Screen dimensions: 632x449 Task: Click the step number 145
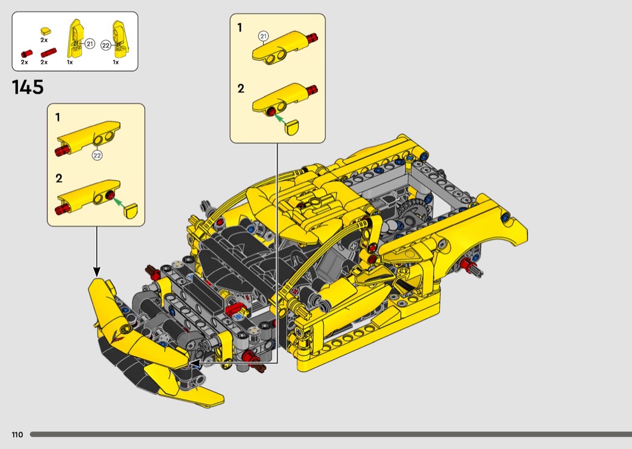(x=28, y=87)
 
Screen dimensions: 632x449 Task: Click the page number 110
(x=17, y=435)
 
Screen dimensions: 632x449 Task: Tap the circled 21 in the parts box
(x=90, y=44)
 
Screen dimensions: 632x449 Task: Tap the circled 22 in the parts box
(x=105, y=46)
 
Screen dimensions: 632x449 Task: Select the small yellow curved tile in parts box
(x=45, y=31)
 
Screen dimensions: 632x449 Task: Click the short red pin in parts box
(x=26, y=54)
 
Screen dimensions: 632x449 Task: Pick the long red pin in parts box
(x=48, y=53)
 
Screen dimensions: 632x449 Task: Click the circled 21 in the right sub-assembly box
(x=263, y=36)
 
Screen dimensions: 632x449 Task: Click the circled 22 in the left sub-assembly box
(x=97, y=155)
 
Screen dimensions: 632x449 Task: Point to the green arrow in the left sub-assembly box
(x=119, y=201)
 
